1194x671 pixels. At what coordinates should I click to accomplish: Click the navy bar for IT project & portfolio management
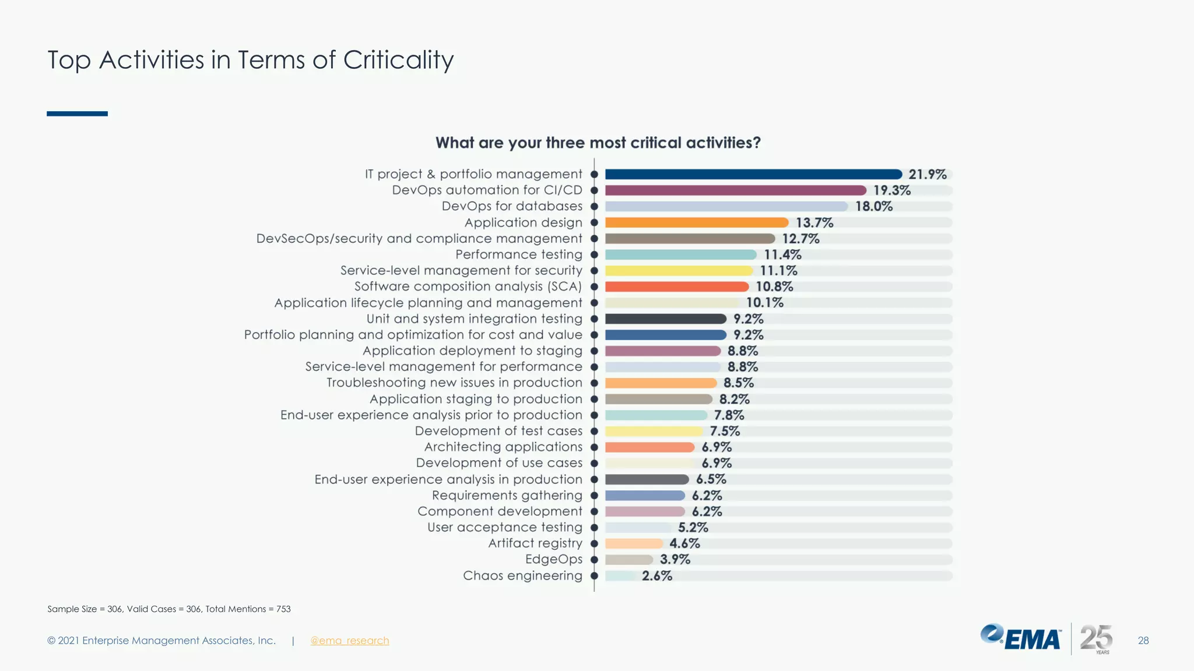tap(753, 174)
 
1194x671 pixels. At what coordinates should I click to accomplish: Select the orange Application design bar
tap(697, 223)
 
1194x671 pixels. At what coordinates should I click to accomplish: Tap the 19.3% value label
tap(891, 190)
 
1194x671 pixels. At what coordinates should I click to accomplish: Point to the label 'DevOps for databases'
tap(512, 206)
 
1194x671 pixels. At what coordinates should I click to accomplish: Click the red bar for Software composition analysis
tap(677, 287)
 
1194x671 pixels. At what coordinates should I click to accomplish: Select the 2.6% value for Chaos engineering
tap(657, 575)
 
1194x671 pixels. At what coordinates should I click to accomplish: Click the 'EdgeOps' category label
tap(553, 559)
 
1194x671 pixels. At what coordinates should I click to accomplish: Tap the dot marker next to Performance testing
tap(594, 255)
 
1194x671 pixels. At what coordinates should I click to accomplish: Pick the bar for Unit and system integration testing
tap(666, 319)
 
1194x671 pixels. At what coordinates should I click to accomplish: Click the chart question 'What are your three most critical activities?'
tap(598, 143)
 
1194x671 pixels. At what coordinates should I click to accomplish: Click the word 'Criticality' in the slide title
tap(398, 60)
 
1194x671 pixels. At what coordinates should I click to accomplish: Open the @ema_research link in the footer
tap(349, 641)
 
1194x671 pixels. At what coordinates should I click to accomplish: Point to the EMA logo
tap(1020, 637)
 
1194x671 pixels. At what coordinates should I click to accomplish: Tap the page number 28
tap(1143, 641)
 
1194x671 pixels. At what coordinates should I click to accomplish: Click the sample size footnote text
tap(168, 609)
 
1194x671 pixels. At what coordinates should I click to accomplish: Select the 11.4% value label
tap(782, 255)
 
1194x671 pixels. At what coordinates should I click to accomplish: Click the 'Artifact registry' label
tap(535, 543)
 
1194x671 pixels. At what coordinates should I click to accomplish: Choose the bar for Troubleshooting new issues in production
tap(661, 383)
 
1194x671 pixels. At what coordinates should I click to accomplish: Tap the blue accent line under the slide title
tap(77, 114)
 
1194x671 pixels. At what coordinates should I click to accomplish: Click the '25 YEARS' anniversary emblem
tap(1096, 639)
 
